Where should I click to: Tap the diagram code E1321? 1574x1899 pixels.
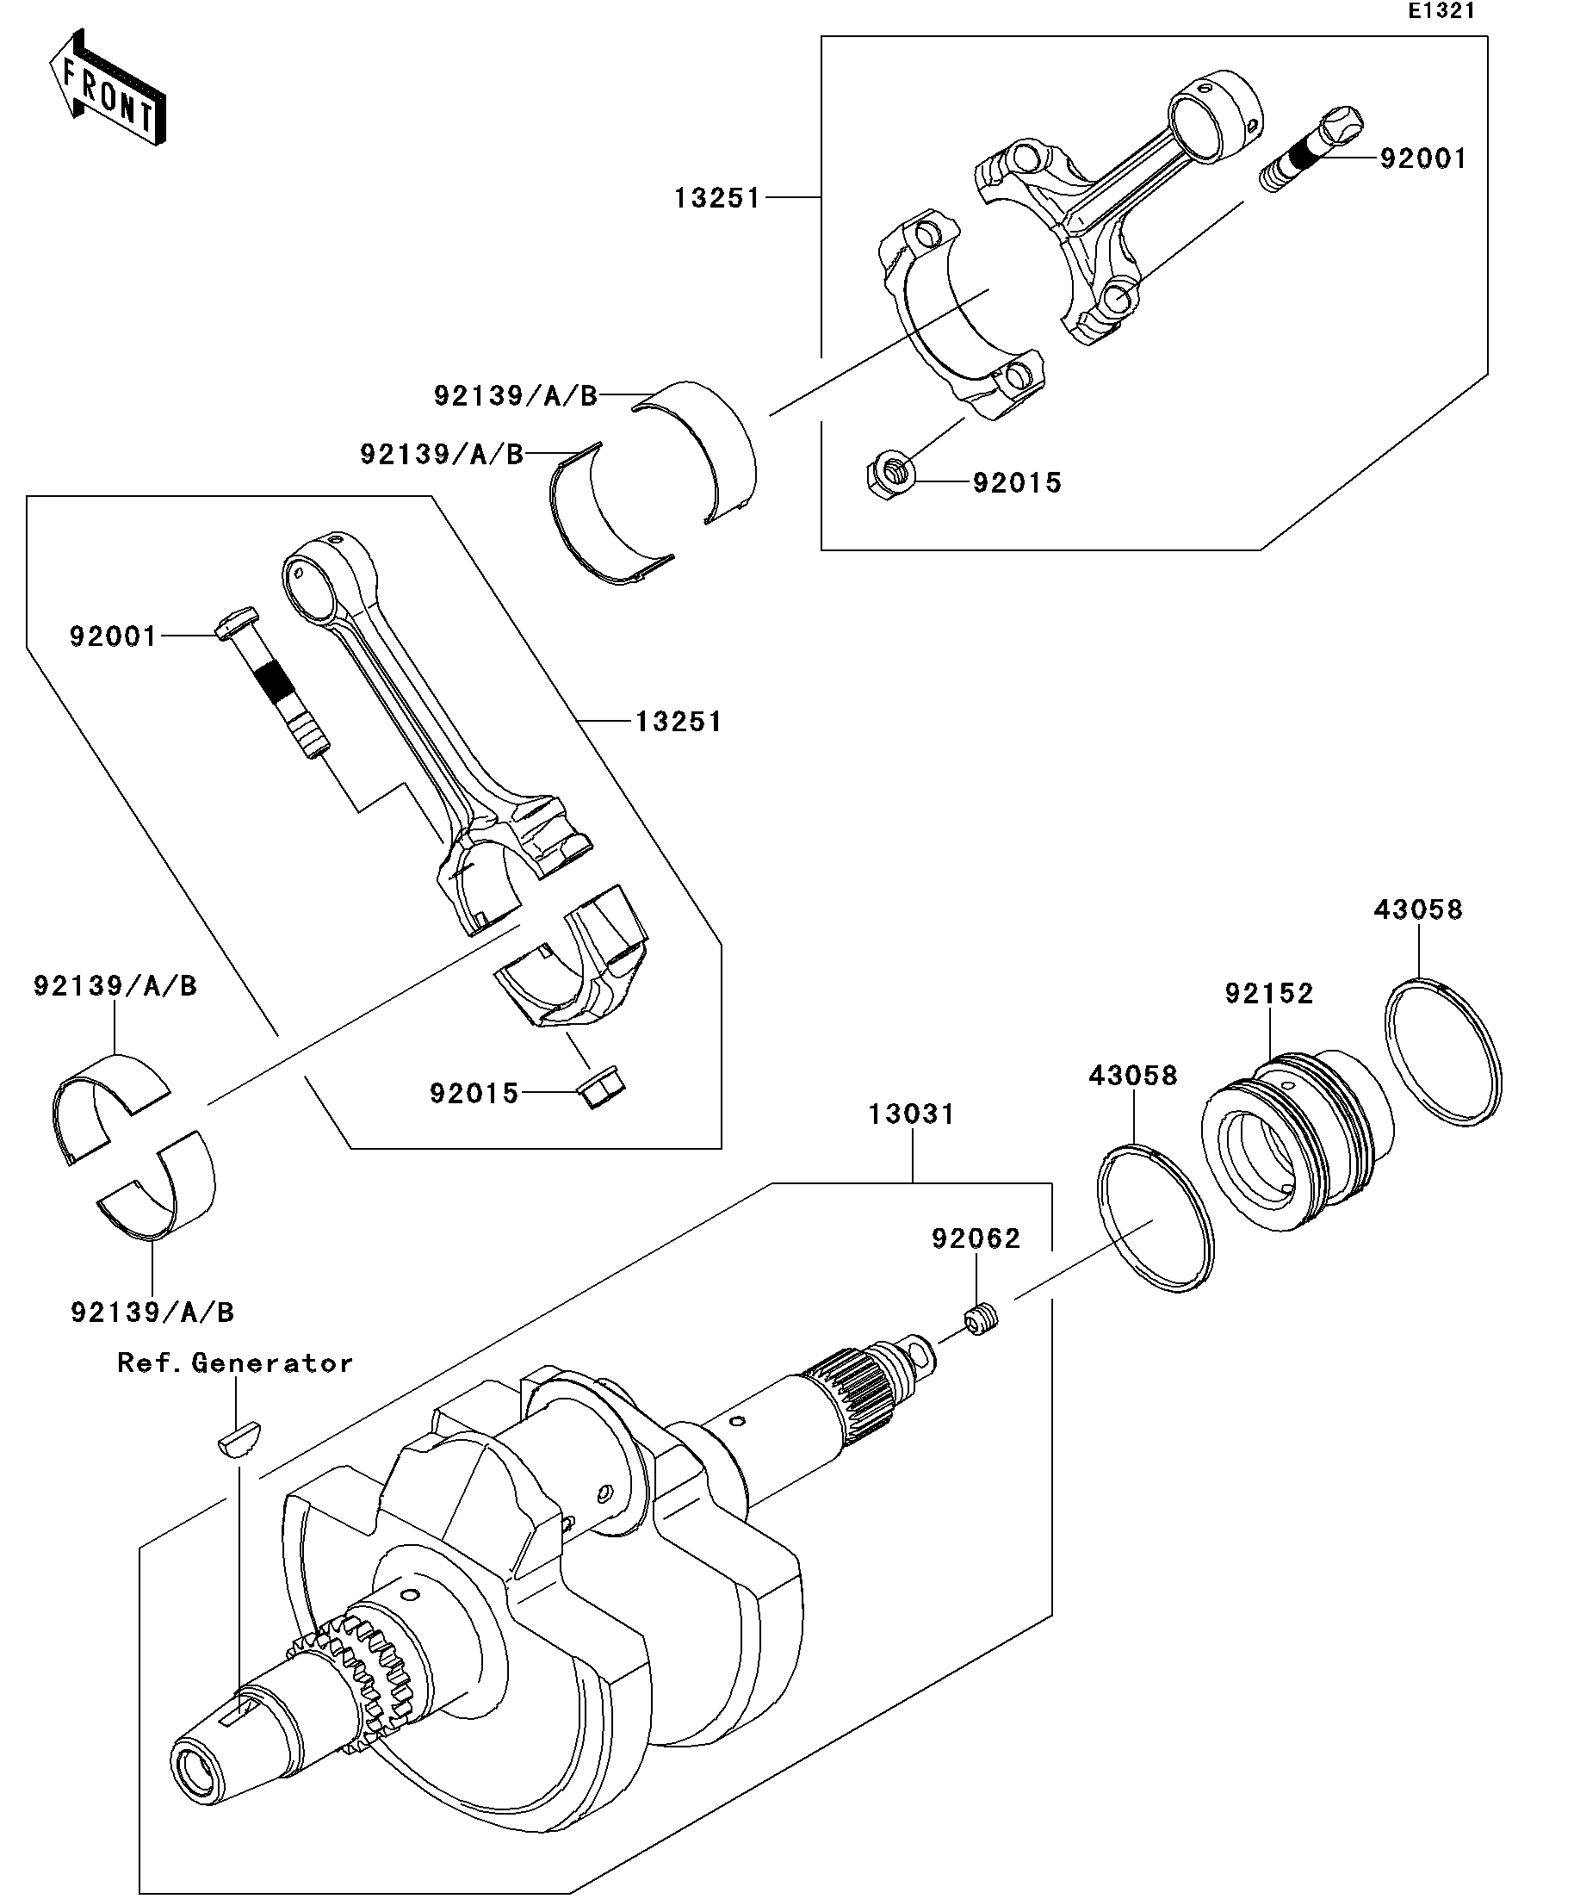(1441, 11)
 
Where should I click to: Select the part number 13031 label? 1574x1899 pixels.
(911, 1114)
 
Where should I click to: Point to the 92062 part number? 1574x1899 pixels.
(976, 1238)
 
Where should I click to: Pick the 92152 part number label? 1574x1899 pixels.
(1269, 993)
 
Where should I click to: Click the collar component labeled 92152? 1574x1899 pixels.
(1298, 1139)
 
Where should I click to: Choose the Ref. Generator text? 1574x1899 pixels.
(235, 1362)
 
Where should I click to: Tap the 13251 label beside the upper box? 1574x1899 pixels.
(718, 198)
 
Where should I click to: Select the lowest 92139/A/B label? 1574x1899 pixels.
(152, 1313)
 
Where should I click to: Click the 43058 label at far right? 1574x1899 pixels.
(1418, 909)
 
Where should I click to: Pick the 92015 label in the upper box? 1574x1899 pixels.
(1017, 483)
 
